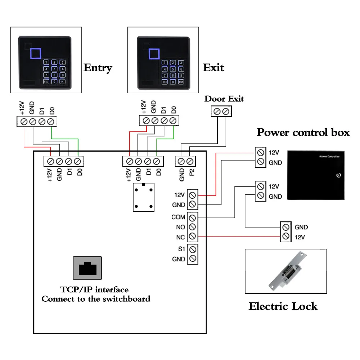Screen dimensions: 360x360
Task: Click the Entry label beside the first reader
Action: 98,68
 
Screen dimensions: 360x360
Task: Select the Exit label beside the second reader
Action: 213,68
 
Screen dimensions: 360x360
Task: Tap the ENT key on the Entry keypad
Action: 62,82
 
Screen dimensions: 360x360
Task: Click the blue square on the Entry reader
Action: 36,54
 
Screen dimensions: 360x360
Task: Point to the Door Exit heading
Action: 224,99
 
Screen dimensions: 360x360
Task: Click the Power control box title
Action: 303,132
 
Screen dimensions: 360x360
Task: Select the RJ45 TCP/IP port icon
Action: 87,268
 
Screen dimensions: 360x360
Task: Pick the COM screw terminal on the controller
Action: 192,217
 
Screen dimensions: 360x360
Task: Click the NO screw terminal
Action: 192,227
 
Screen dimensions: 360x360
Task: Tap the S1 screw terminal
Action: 192,249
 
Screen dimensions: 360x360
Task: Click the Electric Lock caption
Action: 283,307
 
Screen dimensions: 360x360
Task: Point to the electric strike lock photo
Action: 286,271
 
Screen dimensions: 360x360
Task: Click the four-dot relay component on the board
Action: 144,197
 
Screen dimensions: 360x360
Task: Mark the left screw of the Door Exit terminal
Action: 217,112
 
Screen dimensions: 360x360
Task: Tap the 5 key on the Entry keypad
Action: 54,69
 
